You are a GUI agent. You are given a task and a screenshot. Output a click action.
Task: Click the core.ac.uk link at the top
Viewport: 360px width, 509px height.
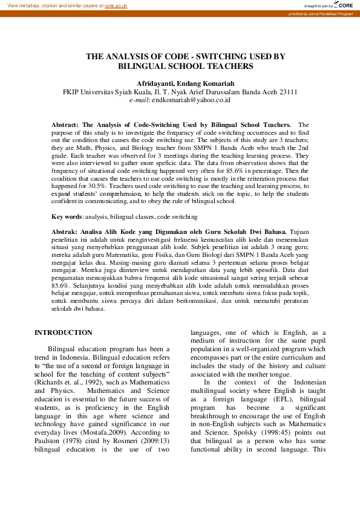(116, 5)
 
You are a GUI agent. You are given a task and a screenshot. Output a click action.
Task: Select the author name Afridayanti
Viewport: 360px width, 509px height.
(155, 83)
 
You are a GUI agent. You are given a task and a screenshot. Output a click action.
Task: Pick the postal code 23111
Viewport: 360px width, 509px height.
(286, 92)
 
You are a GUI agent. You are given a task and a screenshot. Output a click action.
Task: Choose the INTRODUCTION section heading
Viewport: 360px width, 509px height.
(64, 333)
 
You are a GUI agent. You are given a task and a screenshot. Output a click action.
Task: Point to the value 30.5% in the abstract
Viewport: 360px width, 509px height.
(96, 187)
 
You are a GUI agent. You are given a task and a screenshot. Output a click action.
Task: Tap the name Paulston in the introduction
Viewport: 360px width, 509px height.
(48, 425)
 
